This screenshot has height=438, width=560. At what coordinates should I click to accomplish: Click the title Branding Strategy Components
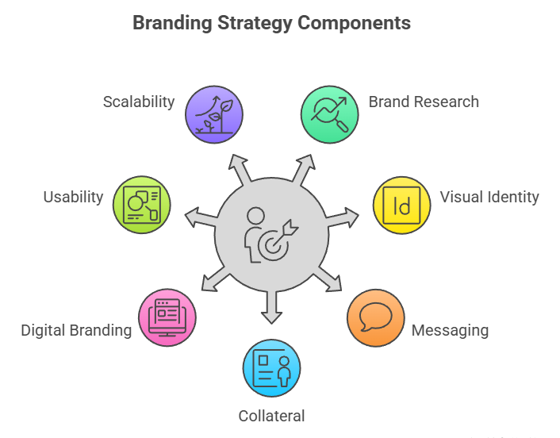271,22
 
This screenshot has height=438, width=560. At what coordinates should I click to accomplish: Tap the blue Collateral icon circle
271,367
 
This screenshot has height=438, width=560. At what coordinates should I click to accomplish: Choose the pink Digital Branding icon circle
167,317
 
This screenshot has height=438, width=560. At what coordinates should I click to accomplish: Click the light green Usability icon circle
142,204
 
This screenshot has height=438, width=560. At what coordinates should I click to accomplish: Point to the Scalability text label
139,102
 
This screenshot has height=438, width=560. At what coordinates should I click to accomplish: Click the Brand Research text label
424,102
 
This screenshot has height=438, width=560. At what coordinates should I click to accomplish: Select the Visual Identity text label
489,197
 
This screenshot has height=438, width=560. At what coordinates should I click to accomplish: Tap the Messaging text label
450,330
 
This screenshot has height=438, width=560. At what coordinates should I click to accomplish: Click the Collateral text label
271,416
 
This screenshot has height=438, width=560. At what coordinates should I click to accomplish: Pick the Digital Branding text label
76,330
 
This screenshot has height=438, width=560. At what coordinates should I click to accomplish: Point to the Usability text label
73,197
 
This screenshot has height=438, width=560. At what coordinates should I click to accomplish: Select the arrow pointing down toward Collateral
271,308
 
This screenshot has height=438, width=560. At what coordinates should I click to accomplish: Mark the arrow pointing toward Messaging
328,279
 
